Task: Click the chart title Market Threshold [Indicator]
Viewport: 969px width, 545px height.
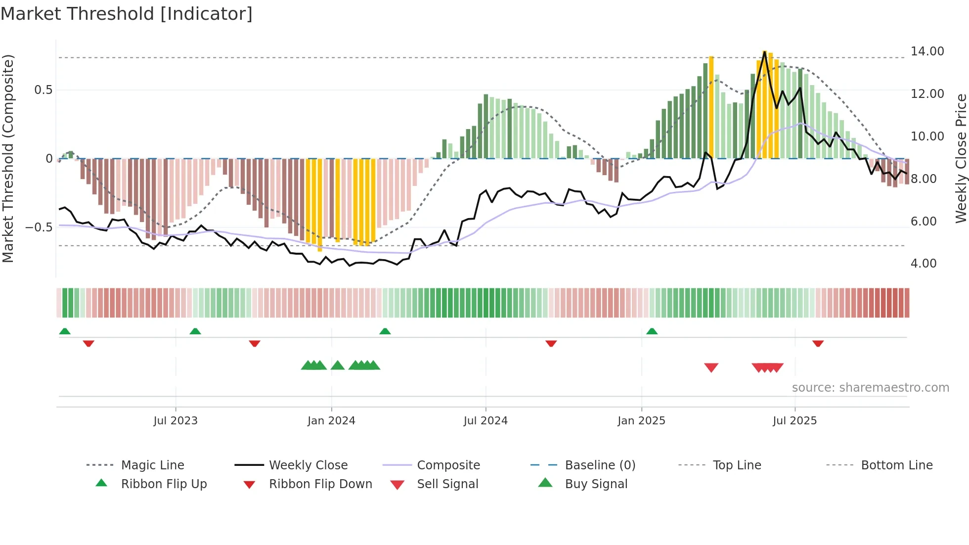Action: point(127,14)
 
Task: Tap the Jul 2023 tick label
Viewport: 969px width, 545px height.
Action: point(175,421)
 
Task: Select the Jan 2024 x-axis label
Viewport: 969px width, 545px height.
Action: point(331,421)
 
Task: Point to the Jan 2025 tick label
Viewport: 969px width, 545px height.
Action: point(641,421)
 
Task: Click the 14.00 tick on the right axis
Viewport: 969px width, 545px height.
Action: point(927,51)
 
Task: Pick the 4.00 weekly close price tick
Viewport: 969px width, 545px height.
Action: point(923,264)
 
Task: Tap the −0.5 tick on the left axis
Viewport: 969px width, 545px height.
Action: point(39,227)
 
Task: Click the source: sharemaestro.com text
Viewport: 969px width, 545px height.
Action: point(870,388)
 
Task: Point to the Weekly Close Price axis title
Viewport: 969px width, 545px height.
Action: point(961,158)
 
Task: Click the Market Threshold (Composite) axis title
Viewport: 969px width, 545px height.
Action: point(8,158)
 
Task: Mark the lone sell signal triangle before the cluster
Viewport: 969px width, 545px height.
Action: point(711,367)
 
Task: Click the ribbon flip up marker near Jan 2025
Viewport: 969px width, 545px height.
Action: point(652,331)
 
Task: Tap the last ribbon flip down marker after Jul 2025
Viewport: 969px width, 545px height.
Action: point(818,343)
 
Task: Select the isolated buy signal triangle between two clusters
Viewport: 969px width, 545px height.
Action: point(338,365)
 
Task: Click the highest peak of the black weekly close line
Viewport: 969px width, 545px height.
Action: point(765,52)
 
